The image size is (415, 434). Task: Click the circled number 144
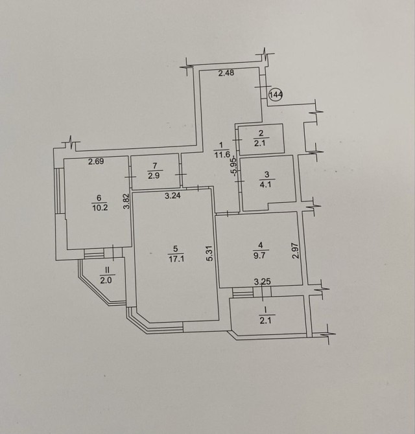coord(276,95)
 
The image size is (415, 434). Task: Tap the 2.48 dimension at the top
coord(226,73)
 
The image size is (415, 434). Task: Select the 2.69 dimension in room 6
coord(96,161)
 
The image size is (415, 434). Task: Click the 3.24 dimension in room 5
coord(172,196)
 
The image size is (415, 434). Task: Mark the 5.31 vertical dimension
coord(209,253)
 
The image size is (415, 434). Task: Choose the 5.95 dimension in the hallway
coord(234,166)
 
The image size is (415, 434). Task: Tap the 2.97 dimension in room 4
coord(296,251)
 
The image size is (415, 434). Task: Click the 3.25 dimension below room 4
coord(263,282)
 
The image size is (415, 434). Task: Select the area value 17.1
coord(176,259)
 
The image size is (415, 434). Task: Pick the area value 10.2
coord(100,208)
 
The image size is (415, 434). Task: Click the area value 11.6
coord(222,154)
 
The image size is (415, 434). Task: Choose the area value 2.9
coord(154,176)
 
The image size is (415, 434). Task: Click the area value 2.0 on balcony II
coord(106,280)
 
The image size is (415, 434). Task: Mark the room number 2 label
coord(261,133)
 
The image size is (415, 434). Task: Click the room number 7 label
coord(155,166)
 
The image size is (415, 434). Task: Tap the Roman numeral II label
coord(107,269)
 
